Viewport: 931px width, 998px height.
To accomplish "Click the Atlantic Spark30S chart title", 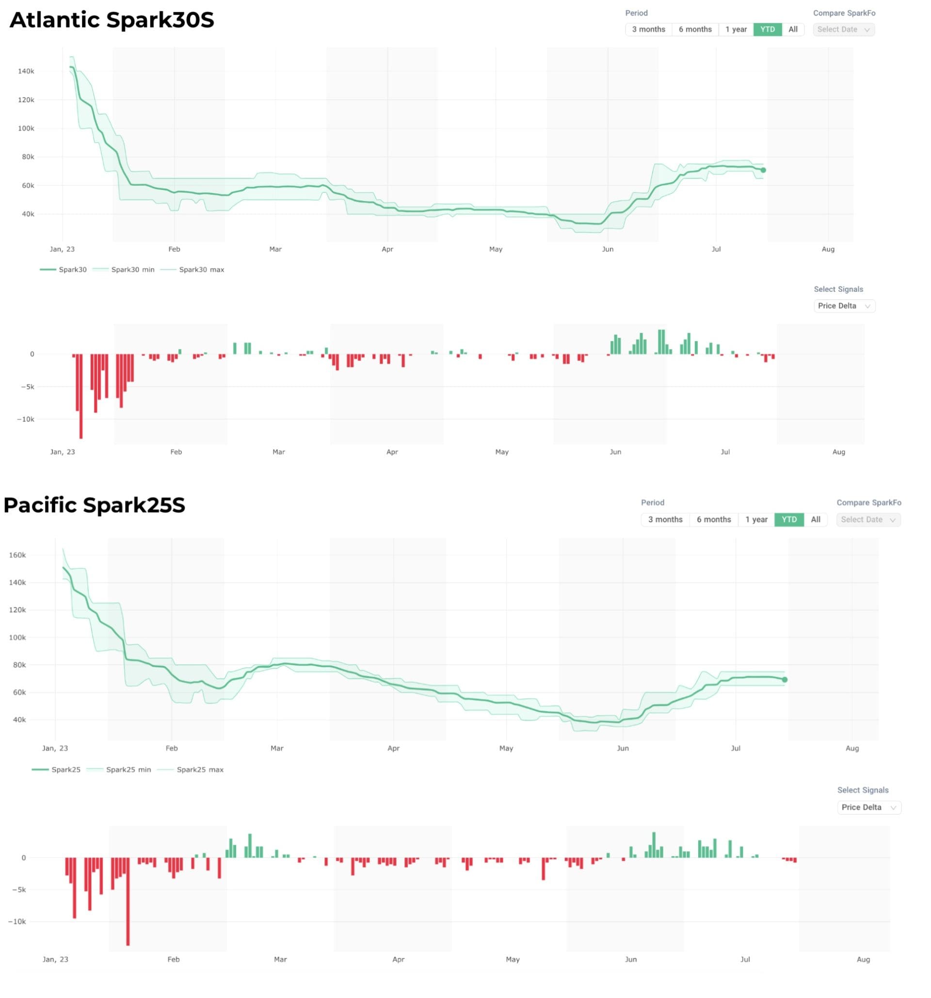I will tap(112, 20).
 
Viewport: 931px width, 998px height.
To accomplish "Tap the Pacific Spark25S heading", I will tap(95, 505).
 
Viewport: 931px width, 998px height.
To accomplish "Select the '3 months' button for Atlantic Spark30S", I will tap(648, 30).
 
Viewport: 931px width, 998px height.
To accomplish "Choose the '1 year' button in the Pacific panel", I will tap(756, 520).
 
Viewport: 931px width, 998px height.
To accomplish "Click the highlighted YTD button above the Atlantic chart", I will tap(767, 30).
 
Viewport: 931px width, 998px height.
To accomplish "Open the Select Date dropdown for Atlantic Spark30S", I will tap(843, 30).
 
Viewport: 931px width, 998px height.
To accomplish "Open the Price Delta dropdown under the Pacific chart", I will tap(868, 807).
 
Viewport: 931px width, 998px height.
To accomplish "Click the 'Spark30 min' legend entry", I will tap(132, 269).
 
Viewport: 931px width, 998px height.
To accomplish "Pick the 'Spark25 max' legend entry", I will tap(199, 770).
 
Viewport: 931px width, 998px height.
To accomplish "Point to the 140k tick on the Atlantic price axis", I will tap(26, 71).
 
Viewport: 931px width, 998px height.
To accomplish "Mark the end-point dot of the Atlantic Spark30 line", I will tap(763, 170).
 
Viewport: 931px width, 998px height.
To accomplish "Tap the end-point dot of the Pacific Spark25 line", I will tap(785, 680).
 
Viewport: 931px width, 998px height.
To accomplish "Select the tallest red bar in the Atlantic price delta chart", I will tap(81, 396).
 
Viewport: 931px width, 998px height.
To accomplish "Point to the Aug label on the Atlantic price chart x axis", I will tap(828, 250).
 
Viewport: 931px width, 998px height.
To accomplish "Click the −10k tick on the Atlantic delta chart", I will tap(25, 419).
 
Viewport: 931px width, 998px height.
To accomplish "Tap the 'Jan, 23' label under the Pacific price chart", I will tap(55, 748).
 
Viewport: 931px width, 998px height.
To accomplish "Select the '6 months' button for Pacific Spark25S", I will tap(713, 520).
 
